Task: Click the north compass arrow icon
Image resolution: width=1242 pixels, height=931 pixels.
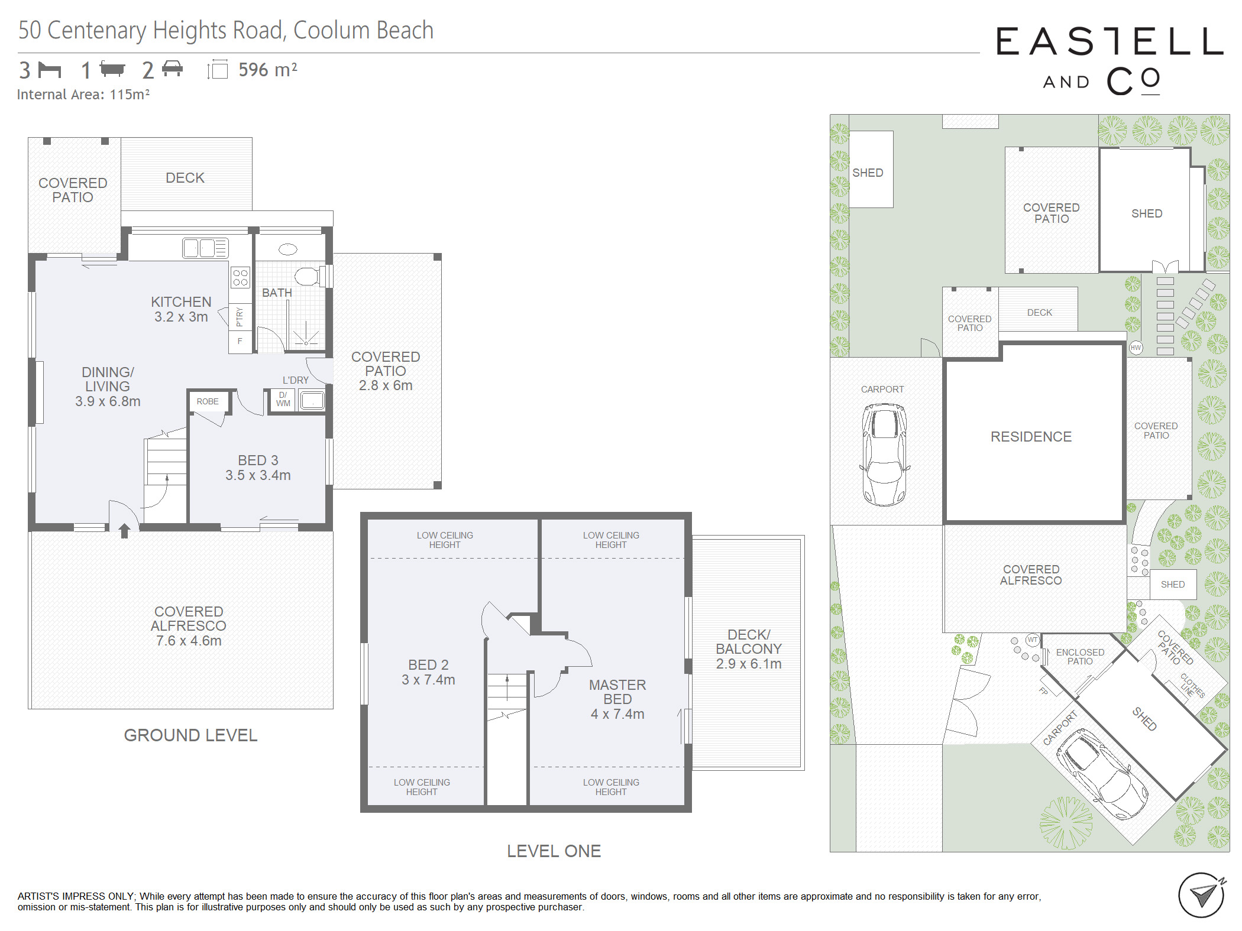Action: coord(1202,895)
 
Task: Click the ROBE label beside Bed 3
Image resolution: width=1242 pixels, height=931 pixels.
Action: coord(208,401)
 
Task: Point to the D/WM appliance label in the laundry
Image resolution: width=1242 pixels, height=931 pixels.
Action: coord(283,399)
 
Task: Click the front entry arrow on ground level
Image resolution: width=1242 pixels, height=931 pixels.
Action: coord(124,530)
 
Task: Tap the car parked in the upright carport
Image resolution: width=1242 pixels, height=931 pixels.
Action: coord(884,454)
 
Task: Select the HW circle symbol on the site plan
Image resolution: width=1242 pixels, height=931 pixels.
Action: coord(1136,348)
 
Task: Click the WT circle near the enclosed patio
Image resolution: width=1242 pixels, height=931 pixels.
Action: coord(1033,640)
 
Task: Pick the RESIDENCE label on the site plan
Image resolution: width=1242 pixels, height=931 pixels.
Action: coord(1031,437)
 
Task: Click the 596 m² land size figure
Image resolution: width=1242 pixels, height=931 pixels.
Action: coord(268,70)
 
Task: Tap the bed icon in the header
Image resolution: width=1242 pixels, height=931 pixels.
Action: coord(50,70)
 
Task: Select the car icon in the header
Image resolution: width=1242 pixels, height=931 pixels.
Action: coord(172,69)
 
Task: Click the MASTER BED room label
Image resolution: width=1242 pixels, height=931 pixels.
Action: coord(617,692)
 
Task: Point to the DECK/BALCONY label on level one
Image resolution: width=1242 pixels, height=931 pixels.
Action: coord(749,642)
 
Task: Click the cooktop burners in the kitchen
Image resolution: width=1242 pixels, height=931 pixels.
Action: coord(240,277)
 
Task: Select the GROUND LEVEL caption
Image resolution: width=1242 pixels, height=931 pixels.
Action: coord(190,735)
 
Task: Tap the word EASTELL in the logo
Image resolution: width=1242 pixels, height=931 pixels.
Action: coord(1110,41)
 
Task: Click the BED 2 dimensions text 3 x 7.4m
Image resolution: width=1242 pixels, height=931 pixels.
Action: coord(428,680)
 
